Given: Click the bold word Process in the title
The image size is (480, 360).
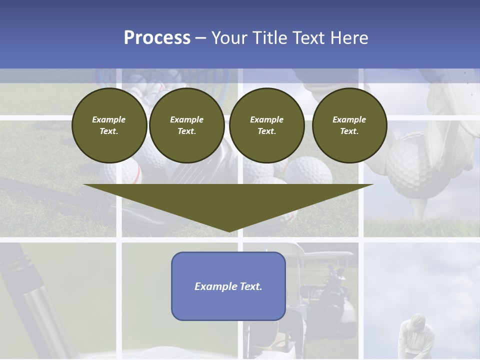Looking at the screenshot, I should tap(157, 38).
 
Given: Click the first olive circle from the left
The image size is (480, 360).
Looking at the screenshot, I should tap(109, 125).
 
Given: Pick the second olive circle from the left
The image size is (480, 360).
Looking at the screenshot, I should tap(186, 125).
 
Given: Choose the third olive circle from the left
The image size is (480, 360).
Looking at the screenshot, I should tap(266, 125).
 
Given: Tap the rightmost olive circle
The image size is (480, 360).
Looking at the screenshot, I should tap(349, 125).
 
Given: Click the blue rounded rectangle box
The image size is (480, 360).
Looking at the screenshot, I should tap(228, 286).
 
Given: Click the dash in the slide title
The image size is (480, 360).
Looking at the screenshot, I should tap(200, 38).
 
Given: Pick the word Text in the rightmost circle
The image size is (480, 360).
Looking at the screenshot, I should tap(349, 131).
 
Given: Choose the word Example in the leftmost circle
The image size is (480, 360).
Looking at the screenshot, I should tap(109, 119).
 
